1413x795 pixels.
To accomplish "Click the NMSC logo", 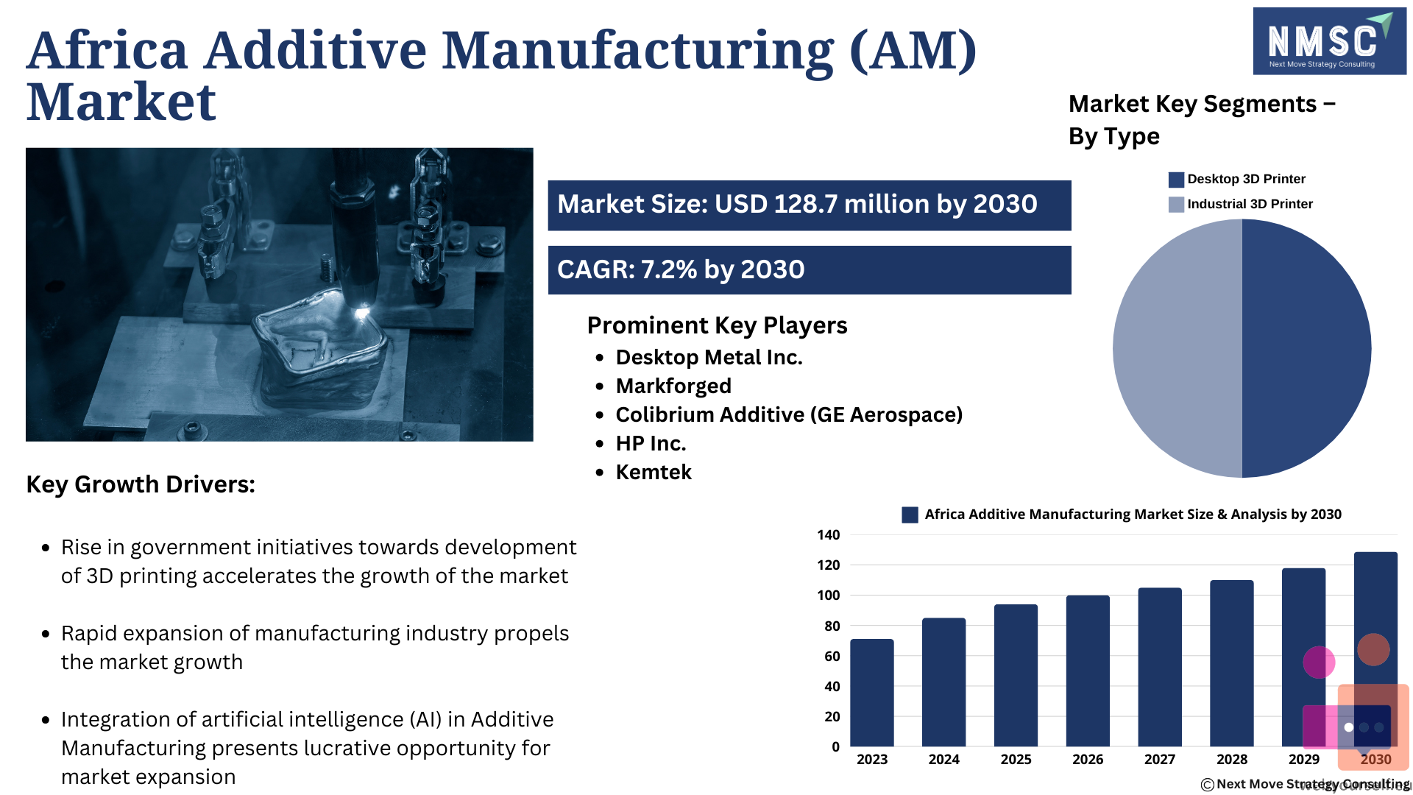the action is pyautogui.click(x=1329, y=41).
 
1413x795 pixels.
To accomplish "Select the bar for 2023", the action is pyautogui.click(x=872, y=693).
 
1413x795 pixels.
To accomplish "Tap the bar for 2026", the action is pyautogui.click(x=1088, y=671).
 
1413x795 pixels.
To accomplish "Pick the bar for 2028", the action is pyautogui.click(x=1232, y=663).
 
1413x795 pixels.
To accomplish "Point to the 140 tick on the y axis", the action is pyautogui.click(x=829, y=535).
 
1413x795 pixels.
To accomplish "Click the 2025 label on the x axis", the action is pyautogui.click(x=1016, y=759).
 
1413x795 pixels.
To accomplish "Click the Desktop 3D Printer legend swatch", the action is pyautogui.click(x=1176, y=180).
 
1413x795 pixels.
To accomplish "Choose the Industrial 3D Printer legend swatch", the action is pyautogui.click(x=1176, y=205).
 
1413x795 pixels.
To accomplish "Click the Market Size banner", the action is pyautogui.click(x=810, y=205).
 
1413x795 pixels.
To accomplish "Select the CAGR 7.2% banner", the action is pyautogui.click(x=810, y=270).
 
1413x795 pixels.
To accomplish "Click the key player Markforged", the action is pyautogui.click(x=673, y=386).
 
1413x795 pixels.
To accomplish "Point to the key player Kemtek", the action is pyautogui.click(x=654, y=472).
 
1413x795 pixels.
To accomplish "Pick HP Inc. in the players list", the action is pyautogui.click(x=651, y=443).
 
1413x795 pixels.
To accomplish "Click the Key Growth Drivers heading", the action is pyautogui.click(x=141, y=484).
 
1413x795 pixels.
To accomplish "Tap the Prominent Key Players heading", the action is pyautogui.click(x=718, y=325).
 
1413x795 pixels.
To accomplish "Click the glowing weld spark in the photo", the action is pyautogui.click(x=361, y=314).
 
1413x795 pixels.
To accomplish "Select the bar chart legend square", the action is pyautogui.click(x=910, y=515).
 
